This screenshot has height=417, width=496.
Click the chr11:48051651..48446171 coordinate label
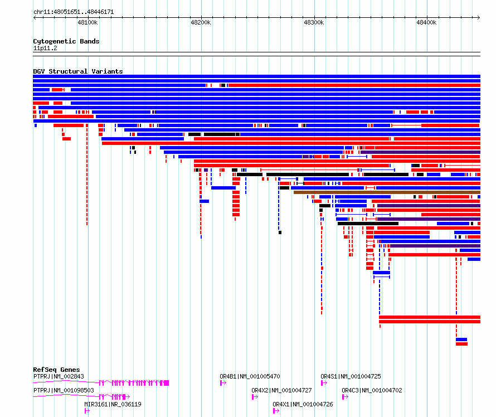point(74,12)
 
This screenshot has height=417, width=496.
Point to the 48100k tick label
point(87,22)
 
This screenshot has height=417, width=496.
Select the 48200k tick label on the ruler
point(201,22)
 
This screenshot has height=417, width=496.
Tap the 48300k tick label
point(313,22)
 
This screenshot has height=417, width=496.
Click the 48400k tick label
point(426,22)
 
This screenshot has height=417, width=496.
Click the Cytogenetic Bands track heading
point(66,41)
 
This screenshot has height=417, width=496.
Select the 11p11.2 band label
point(45,48)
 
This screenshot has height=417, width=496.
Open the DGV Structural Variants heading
point(78,71)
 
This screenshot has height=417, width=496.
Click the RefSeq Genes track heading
point(56,370)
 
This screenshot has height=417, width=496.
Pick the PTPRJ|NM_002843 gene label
point(59,376)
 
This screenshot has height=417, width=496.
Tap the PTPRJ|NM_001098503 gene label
point(64,390)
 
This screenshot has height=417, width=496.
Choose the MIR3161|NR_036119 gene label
point(113,404)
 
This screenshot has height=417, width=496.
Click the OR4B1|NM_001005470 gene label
point(250,376)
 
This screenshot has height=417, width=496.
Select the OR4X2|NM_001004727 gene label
point(281,390)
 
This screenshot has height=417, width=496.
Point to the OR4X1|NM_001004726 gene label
point(303,404)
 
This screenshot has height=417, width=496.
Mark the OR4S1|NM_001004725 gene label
point(351,376)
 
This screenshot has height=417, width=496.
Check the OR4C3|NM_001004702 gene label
point(372,390)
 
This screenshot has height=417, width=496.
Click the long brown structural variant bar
point(387,192)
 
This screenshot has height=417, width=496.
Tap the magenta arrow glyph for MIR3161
point(87,411)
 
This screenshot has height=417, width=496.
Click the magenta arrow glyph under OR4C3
point(345,397)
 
